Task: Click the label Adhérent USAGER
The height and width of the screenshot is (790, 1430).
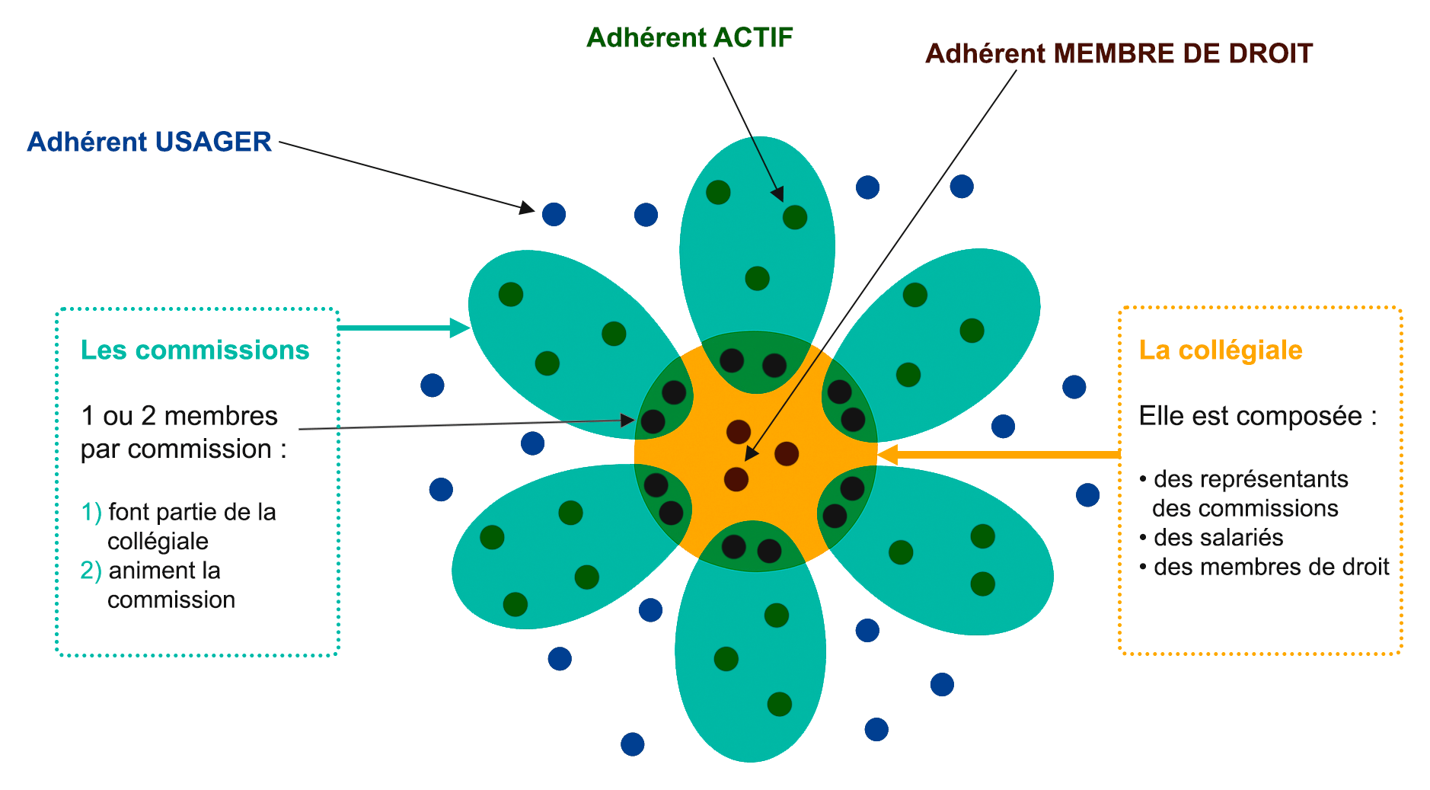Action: pos(149,142)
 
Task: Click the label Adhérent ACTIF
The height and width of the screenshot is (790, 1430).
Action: pos(689,37)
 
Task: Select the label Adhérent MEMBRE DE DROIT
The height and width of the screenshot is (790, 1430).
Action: pos(1118,53)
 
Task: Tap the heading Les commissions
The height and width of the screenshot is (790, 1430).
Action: pos(195,350)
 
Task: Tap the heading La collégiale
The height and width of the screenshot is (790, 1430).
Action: pos(1220,350)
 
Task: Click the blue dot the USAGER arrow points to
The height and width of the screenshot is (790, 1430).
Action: pos(554,214)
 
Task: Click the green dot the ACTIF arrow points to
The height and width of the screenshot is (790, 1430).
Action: pos(794,217)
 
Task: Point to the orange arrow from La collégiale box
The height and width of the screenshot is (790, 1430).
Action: pos(997,455)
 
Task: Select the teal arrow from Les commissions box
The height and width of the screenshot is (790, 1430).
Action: pos(404,328)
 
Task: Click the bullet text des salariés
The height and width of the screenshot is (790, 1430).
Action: pos(1218,537)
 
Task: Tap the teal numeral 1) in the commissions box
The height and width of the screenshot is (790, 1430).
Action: pos(91,512)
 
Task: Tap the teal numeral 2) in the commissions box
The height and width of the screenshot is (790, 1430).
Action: pos(91,571)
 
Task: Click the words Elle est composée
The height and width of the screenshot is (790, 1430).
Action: pos(1256,416)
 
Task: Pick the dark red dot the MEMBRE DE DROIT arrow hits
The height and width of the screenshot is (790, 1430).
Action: pos(736,479)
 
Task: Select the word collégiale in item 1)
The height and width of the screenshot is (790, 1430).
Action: pos(158,541)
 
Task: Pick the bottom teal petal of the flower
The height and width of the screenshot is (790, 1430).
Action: pos(750,670)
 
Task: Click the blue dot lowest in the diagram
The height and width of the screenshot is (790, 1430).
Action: pos(632,744)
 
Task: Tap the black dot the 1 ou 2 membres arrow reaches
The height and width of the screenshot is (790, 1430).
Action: pos(653,421)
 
